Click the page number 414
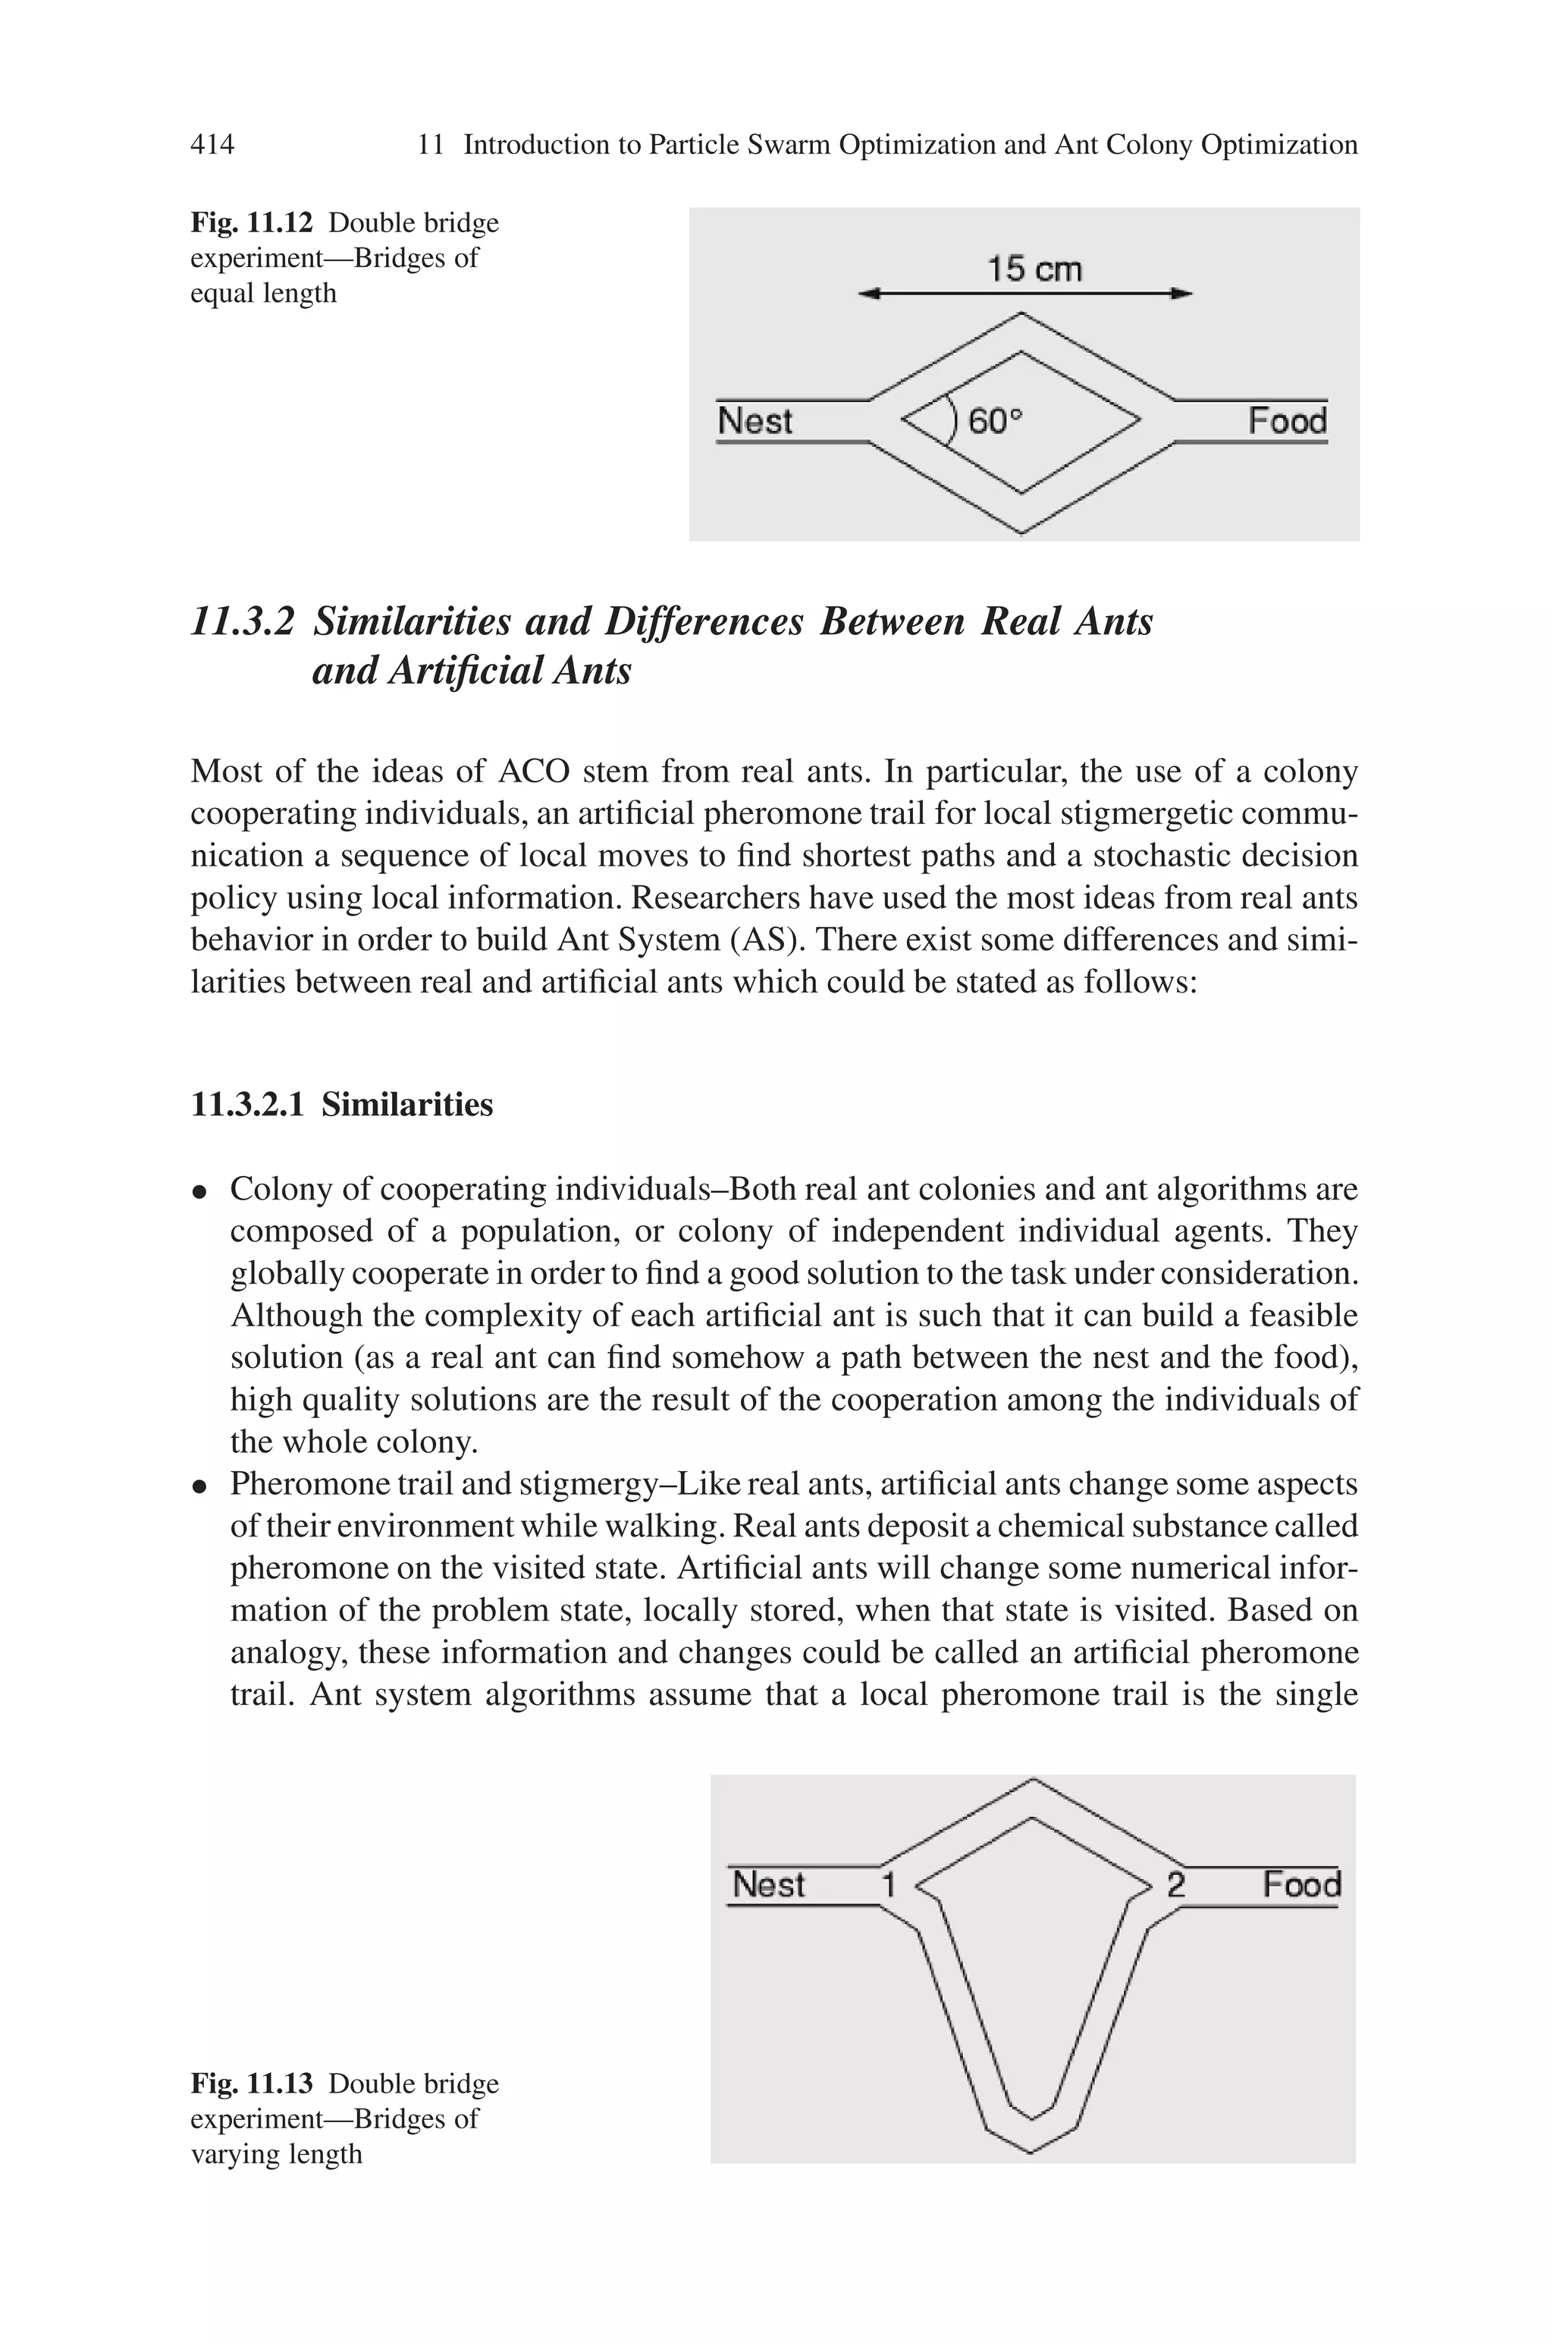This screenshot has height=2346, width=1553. tap(212, 145)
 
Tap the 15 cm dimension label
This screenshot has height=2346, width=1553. tap(1034, 269)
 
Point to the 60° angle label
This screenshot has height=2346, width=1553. tap(993, 422)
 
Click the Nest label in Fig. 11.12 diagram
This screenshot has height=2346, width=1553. tap(755, 421)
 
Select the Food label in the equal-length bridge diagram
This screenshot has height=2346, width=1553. tap(1287, 421)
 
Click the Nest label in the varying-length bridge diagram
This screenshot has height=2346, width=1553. tap(769, 1885)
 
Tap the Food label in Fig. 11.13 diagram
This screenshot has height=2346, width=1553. tap(1301, 1885)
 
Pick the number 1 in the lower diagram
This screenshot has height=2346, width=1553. tap(889, 1885)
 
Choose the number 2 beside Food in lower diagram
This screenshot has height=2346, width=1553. tap(1175, 1885)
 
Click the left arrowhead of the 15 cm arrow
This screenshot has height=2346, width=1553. tap(867, 294)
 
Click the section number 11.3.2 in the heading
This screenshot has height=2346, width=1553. tap(243, 622)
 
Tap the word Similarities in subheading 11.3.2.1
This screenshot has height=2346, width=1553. tap(406, 1104)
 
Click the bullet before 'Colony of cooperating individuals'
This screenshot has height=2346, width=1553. tap(200, 1192)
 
